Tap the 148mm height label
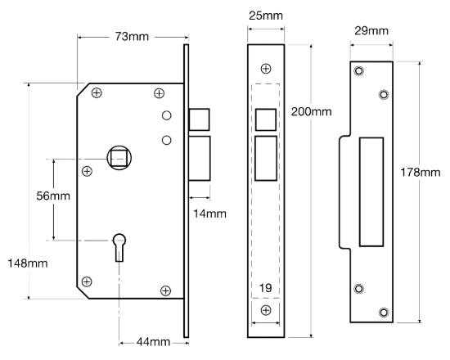point(25,263)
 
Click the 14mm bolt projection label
point(209,214)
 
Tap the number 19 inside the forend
point(265,287)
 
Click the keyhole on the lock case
point(119,245)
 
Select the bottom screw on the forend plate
point(265,312)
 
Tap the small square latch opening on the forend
point(265,119)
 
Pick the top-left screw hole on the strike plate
point(358,72)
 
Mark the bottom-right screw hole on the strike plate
point(384,312)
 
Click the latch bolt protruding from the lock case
point(199,119)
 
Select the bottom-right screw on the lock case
point(165,290)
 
